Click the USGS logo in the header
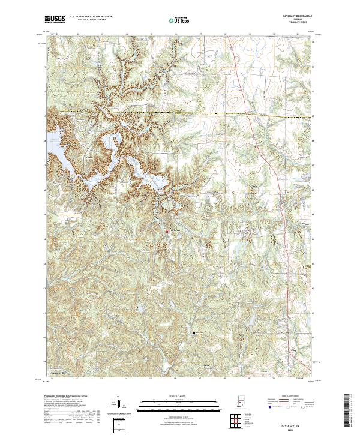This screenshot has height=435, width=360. point(55,19)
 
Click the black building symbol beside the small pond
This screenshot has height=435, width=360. point(138,308)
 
